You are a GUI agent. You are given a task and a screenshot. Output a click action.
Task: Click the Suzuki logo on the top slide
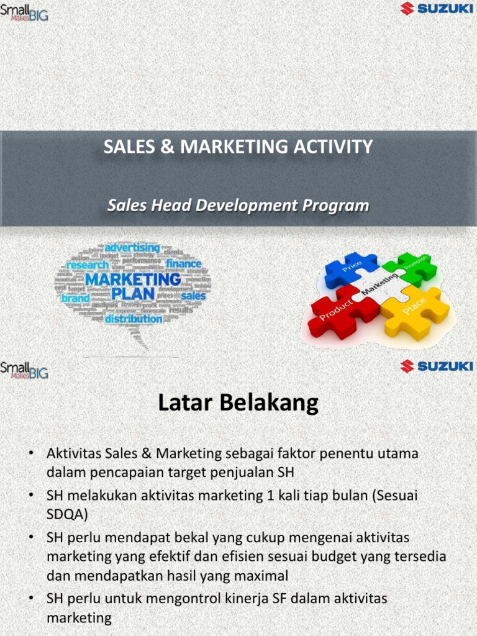pyautogui.click(x=437, y=9)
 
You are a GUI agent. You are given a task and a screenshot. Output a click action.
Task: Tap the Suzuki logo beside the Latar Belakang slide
pyautogui.click(x=437, y=366)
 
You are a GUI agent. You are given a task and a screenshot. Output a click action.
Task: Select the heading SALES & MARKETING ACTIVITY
pyautogui.click(x=238, y=147)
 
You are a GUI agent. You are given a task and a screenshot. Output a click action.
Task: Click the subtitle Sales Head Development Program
pyautogui.click(x=238, y=206)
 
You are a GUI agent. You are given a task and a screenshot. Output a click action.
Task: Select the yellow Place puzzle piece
pyautogui.click(x=415, y=309)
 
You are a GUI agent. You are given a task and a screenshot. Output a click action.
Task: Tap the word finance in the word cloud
pyautogui.click(x=183, y=264)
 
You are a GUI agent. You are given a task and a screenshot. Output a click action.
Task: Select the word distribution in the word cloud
pyautogui.click(x=134, y=319)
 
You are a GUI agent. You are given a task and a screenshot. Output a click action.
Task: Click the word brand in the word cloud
pyautogui.click(x=75, y=298)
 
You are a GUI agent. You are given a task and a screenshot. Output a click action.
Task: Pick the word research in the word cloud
pyautogui.click(x=87, y=265)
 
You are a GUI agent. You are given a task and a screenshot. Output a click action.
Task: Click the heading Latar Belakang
pyautogui.click(x=238, y=404)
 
